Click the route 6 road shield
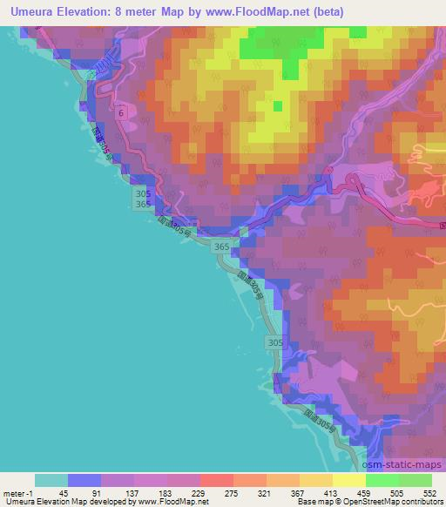(121, 112)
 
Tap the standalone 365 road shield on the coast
(222, 247)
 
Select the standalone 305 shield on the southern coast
(274, 343)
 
